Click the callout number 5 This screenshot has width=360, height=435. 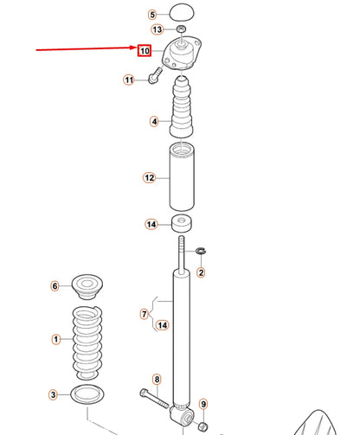point(152,15)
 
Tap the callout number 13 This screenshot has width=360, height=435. point(156,29)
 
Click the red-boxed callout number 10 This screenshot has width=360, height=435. point(145,51)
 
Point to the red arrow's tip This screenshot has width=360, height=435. point(135,50)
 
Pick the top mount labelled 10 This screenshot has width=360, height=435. point(183,55)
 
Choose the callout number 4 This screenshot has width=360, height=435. point(154,122)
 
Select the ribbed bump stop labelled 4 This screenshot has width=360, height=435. point(182,111)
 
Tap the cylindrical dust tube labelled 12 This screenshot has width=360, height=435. point(182,177)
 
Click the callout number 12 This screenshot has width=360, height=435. point(149,178)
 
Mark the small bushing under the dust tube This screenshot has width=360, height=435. point(182,224)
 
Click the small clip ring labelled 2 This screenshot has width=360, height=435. point(201,252)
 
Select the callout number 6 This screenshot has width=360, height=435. point(55,286)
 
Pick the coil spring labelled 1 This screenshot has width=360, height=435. point(87,340)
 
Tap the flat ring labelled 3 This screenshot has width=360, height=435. point(87,395)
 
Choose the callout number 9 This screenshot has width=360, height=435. point(203,404)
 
